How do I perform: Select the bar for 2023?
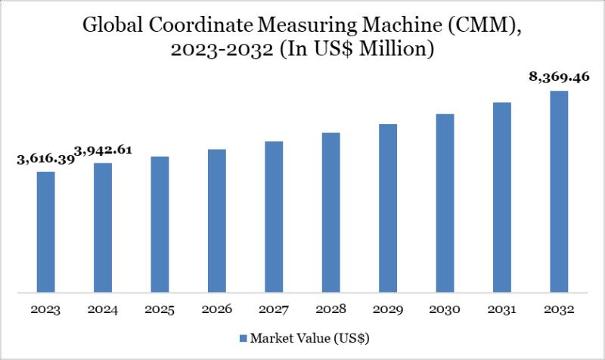[x=46, y=231]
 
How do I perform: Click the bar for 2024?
[x=103, y=227]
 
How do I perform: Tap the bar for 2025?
[x=160, y=224]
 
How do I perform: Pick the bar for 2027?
[x=274, y=216]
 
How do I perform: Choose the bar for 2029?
[x=388, y=207]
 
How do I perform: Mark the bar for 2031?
[x=502, y=197]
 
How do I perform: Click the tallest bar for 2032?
[x=559, y=191]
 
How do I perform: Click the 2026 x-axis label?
[x=217, y=309]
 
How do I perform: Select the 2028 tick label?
[x=331, y=309]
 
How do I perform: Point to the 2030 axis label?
[x=445, y=309]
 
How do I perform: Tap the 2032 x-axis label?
[x=559, y=309]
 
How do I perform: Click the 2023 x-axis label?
[x=46, y=309]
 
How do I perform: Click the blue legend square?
[x=244, y=337]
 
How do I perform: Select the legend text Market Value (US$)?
[x=310, y=337]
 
